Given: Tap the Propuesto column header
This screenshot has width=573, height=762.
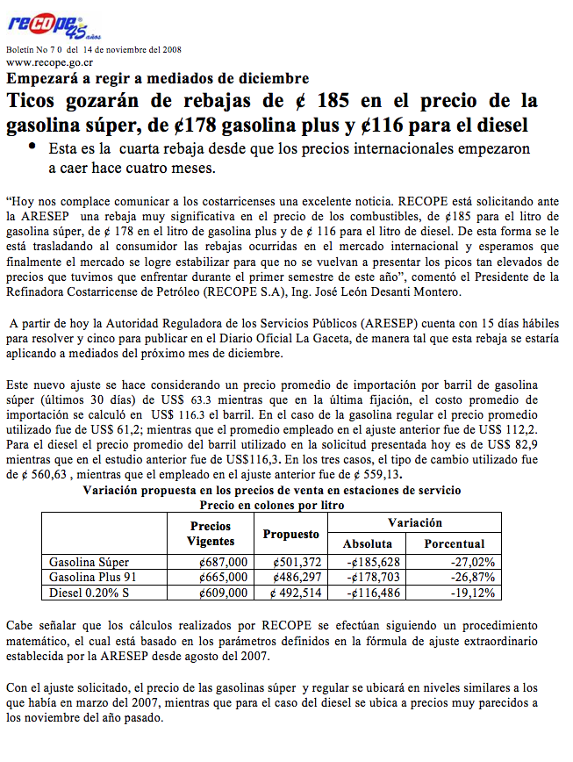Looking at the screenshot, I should tap(291, 534).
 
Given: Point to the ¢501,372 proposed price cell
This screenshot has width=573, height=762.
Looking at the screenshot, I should tap(297, 562).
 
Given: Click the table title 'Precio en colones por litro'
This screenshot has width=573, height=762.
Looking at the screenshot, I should tap(271, 506).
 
